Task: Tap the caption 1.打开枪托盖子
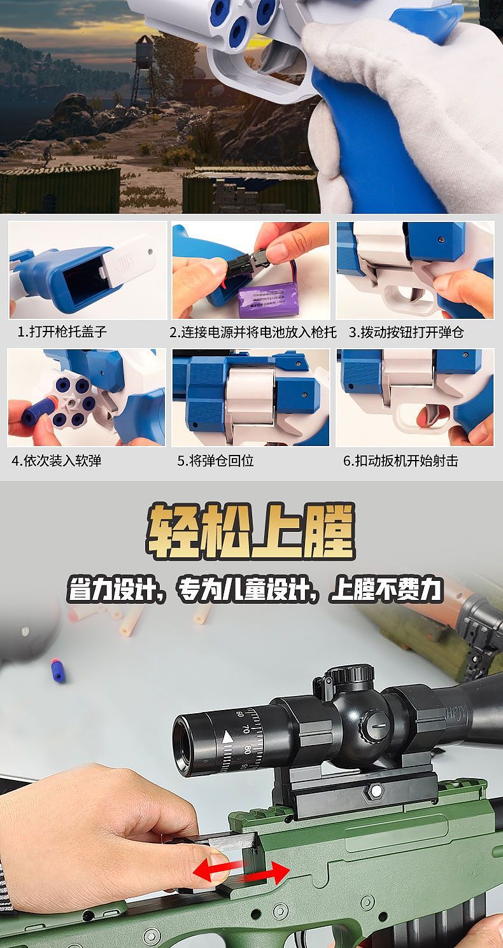pos(62,332)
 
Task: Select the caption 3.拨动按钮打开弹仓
pos(406,332)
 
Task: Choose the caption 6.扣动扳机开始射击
pos(400,461)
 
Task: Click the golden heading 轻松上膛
pos(251,532)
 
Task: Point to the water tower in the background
pos(145,67)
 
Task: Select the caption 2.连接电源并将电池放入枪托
pos(253,332)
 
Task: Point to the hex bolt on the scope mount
pos(376,790)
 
